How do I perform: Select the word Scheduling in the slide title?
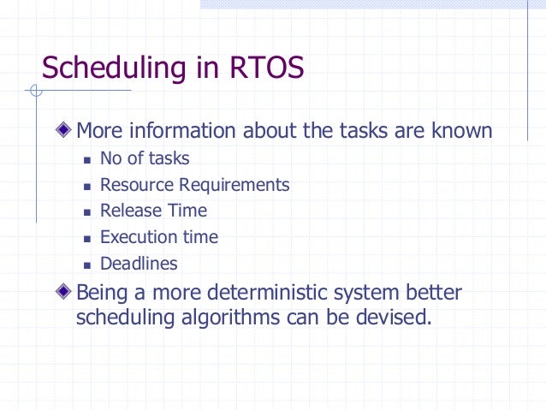coord(113,67)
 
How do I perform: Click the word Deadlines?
coord(139,264)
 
